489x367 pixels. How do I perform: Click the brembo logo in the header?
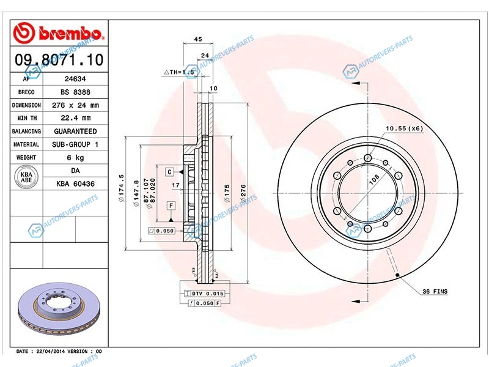[58, 33]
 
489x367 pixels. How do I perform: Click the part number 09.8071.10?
[59, 59]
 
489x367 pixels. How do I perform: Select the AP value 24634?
[75, 79]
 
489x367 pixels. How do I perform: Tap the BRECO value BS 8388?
[75, 92]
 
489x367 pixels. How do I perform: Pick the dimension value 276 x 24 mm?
[75, 105]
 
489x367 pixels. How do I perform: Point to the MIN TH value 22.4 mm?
[75, 118]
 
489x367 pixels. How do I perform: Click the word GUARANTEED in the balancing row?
[75, 131]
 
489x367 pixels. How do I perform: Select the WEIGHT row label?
[26, 158]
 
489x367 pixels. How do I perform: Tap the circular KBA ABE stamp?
[26, 177]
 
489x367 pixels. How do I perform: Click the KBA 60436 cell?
[75, 184]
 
